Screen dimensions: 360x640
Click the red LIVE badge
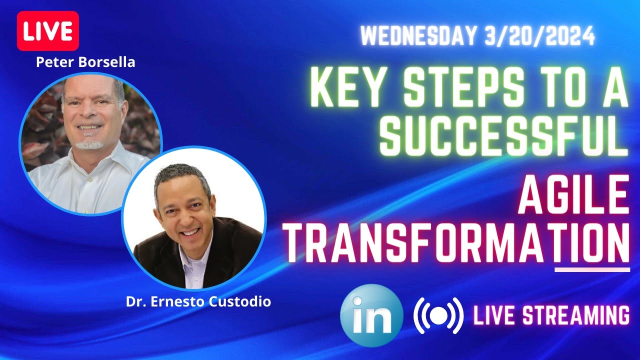click(x=48, y=30)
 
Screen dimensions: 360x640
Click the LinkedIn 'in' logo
click(x=371, y=315)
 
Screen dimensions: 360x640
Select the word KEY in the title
click(x=347, y=89)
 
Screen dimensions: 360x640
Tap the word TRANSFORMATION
click(x=458, y=242)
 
